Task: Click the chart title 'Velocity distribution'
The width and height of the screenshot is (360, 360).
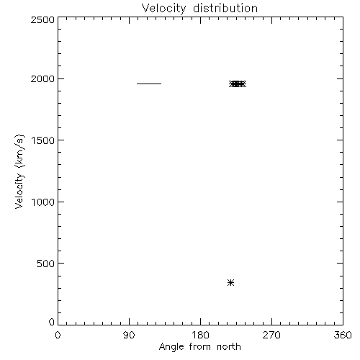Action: coord(199,8)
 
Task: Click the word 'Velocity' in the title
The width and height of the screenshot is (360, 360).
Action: coord(163,9)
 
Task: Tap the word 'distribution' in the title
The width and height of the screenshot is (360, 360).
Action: coord(225,8)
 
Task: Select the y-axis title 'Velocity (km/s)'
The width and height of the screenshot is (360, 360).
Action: coord(19,171)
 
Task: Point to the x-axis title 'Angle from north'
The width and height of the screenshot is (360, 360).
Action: coord(199,347)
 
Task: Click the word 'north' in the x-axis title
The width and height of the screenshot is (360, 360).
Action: coord(229,346)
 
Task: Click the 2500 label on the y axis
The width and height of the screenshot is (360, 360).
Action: coord(42,19)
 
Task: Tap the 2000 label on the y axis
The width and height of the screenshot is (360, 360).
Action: coord(42,78)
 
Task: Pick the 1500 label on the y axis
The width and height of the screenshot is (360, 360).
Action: coord(43,140)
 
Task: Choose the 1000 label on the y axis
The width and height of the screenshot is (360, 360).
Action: coord(43,202)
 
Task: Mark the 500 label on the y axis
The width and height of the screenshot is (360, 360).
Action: coord(46,264)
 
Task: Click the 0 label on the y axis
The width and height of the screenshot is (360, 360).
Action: coord(52,322)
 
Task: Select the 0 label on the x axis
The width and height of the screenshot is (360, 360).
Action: coord(58,335)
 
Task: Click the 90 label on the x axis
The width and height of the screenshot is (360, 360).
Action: coord(129,335)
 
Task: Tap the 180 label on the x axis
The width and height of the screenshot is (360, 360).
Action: coord(200,335)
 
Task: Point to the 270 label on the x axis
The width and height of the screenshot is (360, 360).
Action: coord(271,335)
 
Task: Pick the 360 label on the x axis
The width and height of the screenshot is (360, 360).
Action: coord(343,335)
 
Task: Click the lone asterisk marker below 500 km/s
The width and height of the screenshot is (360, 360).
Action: coord(230,283)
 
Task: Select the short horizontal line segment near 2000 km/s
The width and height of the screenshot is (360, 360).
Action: coord(149,84)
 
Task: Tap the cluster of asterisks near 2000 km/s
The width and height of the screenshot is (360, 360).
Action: coord(238,84)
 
